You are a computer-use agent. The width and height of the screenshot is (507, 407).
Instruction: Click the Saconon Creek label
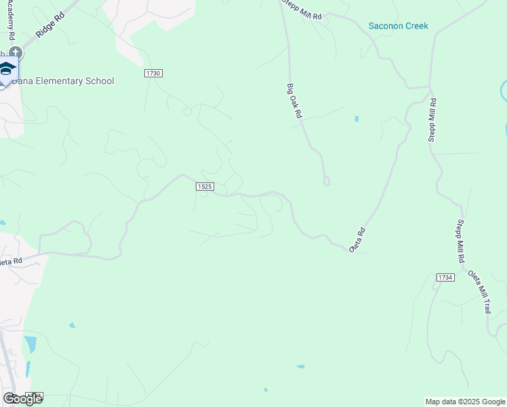click(398, 26)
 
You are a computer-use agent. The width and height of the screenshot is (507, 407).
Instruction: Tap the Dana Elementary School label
click(63, 81)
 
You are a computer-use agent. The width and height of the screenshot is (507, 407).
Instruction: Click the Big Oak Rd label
click(293, 101)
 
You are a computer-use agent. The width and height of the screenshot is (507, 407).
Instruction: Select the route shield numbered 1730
click(153, 73)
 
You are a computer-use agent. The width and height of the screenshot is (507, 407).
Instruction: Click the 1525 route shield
click(205, 187)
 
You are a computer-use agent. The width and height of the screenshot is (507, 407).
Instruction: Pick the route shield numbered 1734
click(445, 277)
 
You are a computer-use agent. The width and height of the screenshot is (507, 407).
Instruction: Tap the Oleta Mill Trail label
click(479, 291)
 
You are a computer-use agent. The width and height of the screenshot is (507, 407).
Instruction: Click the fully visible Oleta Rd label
click(357, 240)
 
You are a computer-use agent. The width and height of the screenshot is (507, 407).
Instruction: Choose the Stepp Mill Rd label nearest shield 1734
click(460, 241)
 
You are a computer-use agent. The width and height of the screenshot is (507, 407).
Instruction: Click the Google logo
click(22, 399)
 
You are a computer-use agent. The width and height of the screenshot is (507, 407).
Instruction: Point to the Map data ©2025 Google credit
click(465, 402)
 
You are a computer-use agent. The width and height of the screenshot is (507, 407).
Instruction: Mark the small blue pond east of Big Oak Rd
click(357, 119)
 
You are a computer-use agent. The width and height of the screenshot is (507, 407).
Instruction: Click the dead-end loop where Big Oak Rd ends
click(327, 180)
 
